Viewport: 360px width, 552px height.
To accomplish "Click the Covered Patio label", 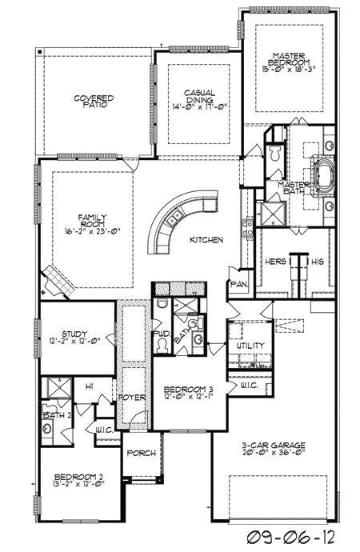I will pos(94,101).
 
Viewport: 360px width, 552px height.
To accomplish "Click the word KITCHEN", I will pos(206,240).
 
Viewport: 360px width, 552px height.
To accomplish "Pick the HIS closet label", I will pos(316,260).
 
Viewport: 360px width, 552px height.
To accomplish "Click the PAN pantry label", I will pos(237,284).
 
